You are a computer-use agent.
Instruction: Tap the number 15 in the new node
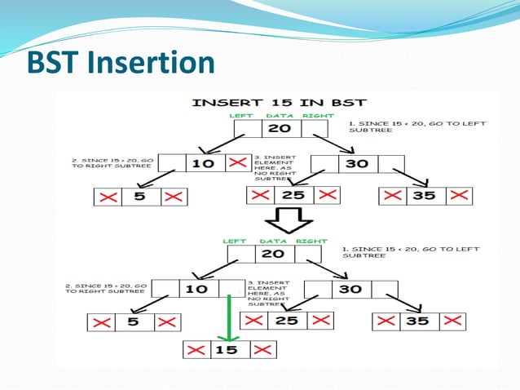[227, 350]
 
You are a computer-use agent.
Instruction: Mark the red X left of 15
[196, 350]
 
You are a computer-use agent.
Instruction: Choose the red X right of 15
[260, 350]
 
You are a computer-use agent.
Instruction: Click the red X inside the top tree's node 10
[237, 163]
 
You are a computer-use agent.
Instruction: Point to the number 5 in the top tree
[140, 197]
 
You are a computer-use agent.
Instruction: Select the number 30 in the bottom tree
[350, 288]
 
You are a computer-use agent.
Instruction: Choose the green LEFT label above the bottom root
[235, 242]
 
